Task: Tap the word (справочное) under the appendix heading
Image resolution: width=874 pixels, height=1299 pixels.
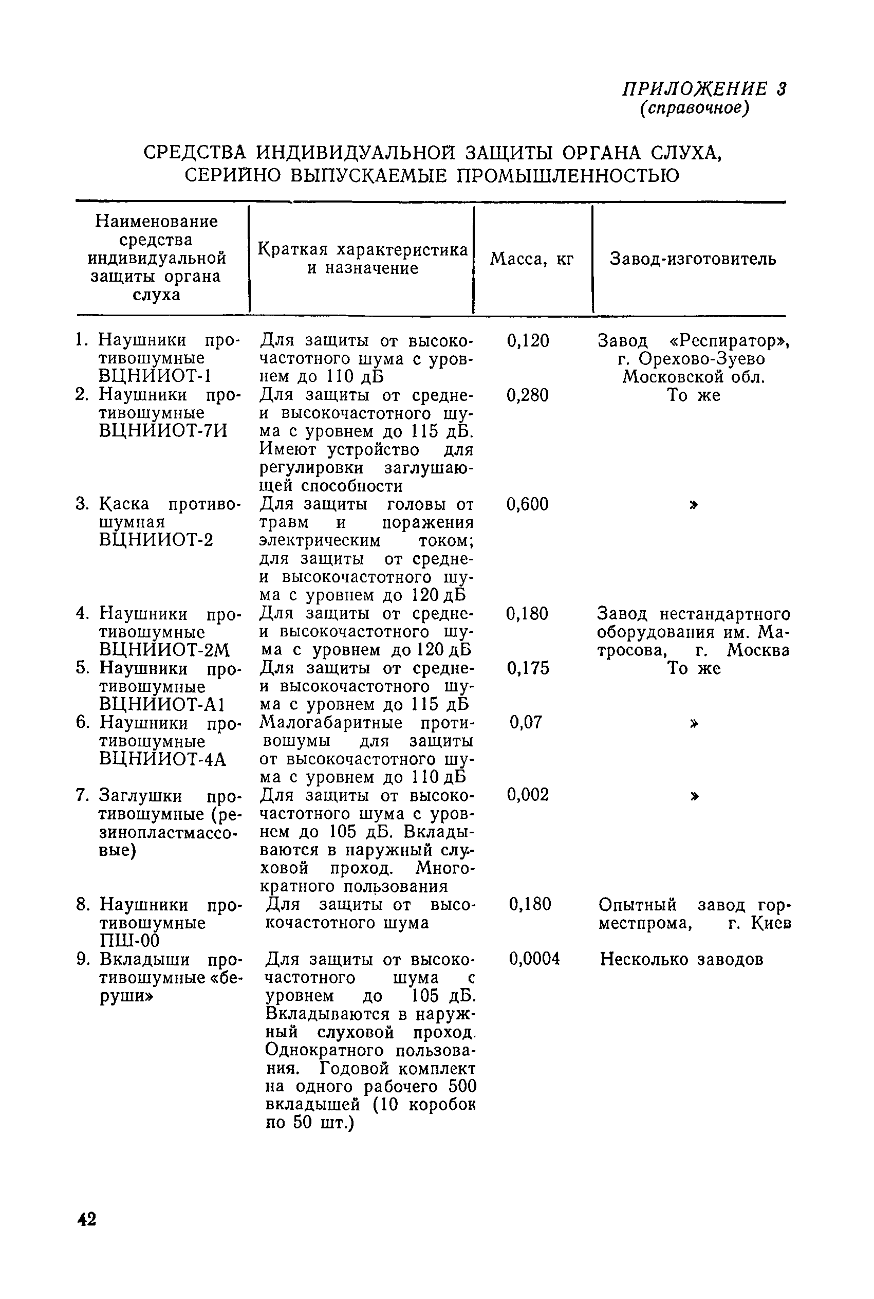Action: click(694, 107)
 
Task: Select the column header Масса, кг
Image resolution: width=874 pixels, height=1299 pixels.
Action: click(531, 259)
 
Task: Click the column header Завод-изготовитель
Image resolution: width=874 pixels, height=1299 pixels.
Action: click(692, 259)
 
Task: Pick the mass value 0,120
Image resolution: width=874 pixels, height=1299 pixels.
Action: click(527, 341)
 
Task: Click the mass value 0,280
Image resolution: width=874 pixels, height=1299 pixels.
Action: click(527, 395)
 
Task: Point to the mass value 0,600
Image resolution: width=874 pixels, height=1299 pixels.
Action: click(527, 505)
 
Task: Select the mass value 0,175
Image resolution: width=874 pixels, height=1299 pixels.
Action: click(527, 668)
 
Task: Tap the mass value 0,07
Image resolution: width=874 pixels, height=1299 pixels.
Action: click(525, 723)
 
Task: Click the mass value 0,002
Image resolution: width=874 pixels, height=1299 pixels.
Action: click(527, 794)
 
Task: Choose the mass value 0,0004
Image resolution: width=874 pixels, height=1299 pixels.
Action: click(534, 959)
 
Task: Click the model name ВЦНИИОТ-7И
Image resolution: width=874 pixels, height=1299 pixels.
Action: click(163, 431)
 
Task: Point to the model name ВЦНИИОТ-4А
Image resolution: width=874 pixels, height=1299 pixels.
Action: click(162, 759)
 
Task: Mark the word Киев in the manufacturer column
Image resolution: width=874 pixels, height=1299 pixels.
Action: click(771, 923)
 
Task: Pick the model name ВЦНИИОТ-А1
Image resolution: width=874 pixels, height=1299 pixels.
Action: click(162, 705)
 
